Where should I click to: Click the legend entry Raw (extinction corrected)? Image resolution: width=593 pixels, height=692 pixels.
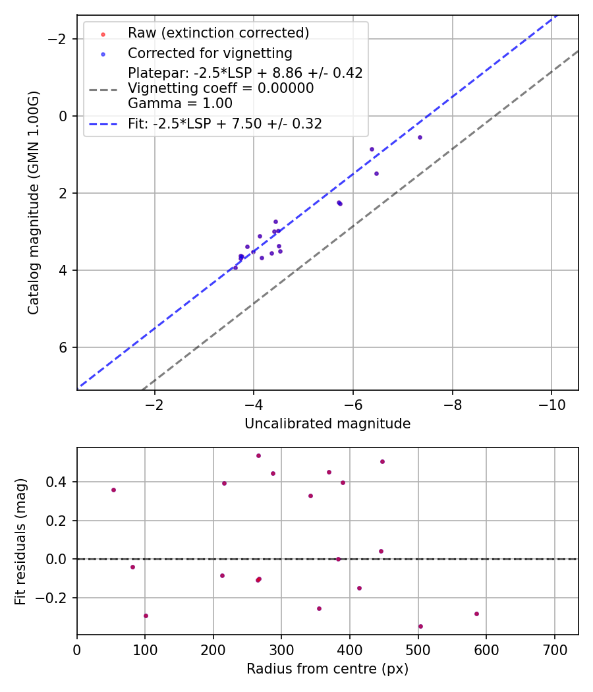coord(218,33)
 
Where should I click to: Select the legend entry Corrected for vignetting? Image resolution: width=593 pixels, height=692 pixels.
coord(210,53)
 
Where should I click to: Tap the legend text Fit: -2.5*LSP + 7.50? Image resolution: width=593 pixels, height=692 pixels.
coord(225,123)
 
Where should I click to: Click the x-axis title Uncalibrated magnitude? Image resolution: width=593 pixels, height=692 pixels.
coord(327,424)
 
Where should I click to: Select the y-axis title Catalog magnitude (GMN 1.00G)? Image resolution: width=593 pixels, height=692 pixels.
coord(34,202)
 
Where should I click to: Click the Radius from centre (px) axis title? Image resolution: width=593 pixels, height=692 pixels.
coord(327,669)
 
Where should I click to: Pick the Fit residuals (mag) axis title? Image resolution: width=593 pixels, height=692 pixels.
coord(20,541)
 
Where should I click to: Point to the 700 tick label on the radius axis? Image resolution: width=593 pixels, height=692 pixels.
coord(554,650)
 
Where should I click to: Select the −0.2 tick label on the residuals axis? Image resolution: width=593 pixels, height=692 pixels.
coord(55,598)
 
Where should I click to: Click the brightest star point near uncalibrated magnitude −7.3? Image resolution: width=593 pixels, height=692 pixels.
coord(420,137)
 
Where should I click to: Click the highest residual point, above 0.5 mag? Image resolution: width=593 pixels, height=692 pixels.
coord(258,455)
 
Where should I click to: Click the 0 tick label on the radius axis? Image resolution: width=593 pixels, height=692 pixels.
coord(77,650)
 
